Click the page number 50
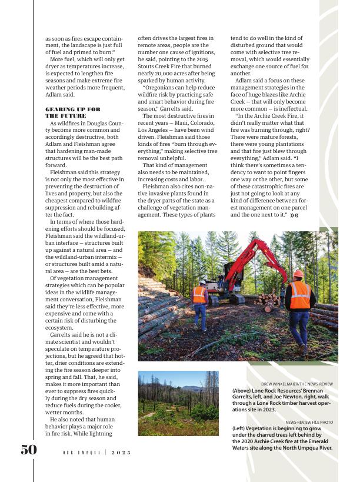29,450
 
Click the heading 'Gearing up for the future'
73,112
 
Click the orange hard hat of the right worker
298,274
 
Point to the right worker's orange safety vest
299,291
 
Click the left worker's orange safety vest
200,294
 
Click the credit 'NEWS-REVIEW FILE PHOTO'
309,422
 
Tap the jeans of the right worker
298,327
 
